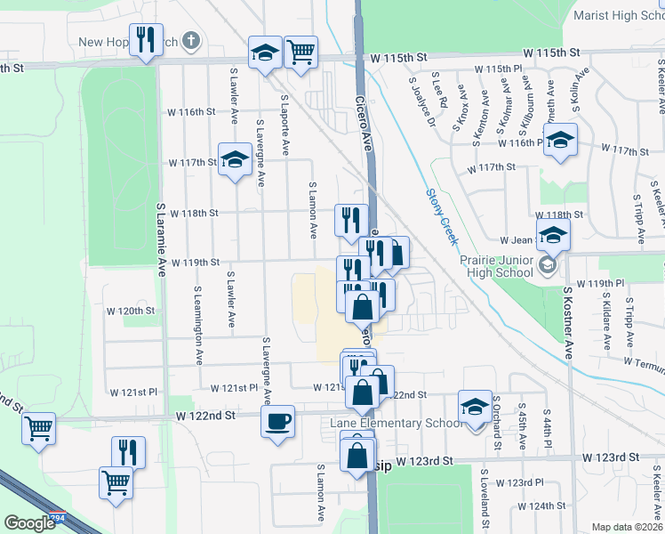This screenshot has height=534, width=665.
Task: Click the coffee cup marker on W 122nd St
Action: point(278,420)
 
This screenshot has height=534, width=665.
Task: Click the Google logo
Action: point(28,523)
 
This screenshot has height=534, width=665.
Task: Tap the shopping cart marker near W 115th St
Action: point(301,51)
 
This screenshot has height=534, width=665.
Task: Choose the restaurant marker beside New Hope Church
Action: point(146,39)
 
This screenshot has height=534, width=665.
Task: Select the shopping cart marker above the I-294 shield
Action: point(39,429)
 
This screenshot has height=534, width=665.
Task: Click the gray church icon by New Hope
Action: point(190,41)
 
